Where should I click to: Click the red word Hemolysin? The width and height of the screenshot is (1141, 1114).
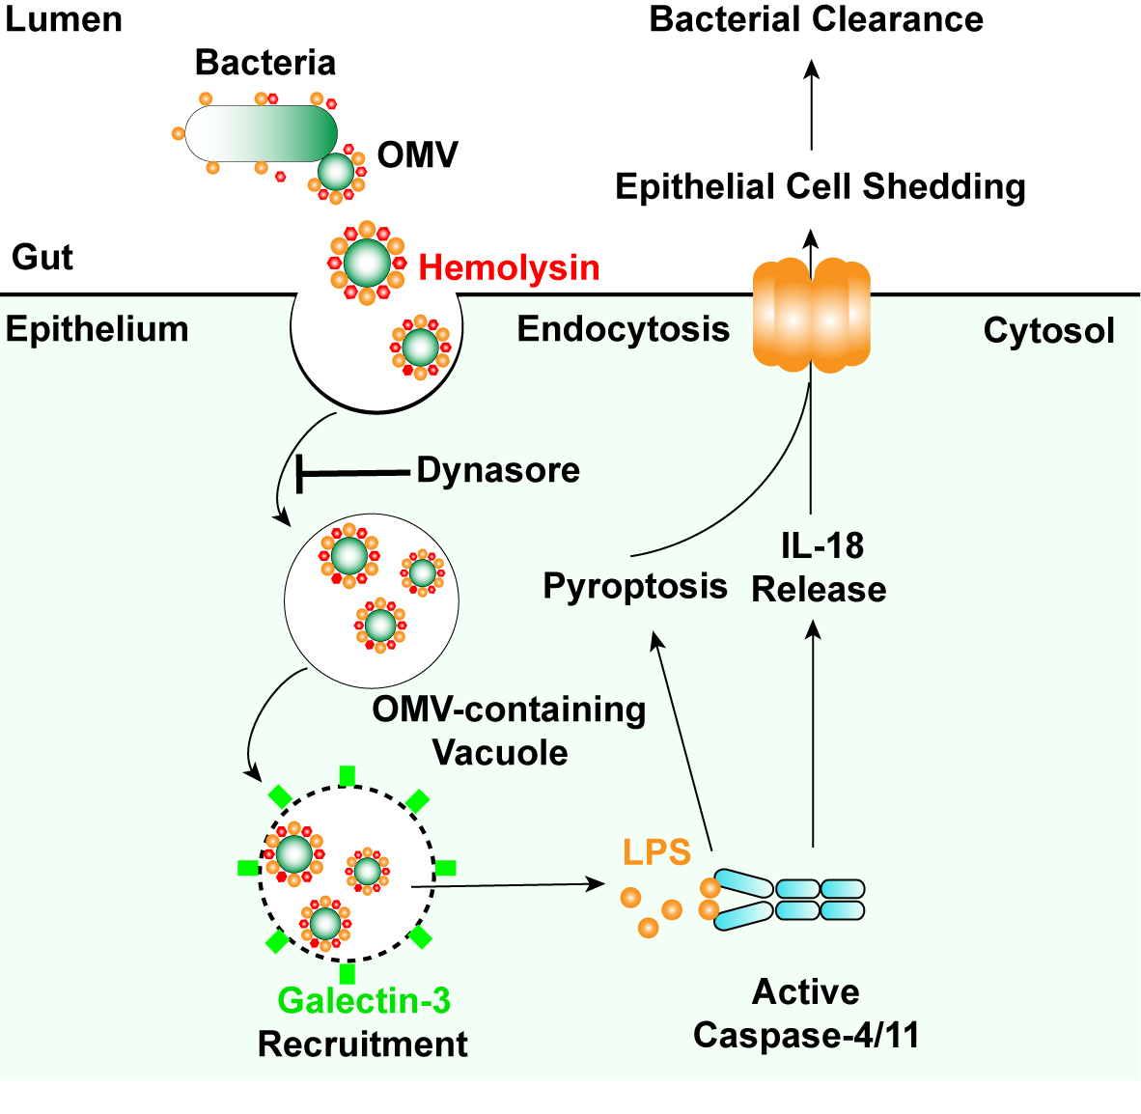(509, 267)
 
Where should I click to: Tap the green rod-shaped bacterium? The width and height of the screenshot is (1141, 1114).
(261, 133)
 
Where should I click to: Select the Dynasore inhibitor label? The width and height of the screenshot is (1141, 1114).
(498, 470)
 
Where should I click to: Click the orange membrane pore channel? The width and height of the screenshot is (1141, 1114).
(811, 315)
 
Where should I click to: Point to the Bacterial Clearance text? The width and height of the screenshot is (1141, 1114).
(816, 19)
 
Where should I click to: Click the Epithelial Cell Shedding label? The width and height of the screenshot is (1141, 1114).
(820, 186)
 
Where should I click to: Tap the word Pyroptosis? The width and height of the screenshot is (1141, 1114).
(634, 586)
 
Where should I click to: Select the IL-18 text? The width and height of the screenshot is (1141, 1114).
(821, 546)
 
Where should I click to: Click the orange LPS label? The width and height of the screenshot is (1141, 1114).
(656, 852)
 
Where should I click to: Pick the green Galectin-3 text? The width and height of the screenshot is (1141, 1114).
(364, 1001)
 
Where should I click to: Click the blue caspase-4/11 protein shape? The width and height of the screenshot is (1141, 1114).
(790, 899)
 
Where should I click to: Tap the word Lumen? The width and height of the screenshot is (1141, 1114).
(63, 19)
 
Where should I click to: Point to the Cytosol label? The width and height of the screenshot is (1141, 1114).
(1048, 331)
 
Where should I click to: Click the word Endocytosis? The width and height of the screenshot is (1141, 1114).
(623, 329)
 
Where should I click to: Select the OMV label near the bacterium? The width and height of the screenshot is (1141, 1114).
(417, 154)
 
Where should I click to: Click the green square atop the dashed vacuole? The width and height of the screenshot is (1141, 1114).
(348, 775)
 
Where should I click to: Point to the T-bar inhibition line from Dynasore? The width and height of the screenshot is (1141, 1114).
(352, 472)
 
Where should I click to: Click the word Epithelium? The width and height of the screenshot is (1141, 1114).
(97, 329)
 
